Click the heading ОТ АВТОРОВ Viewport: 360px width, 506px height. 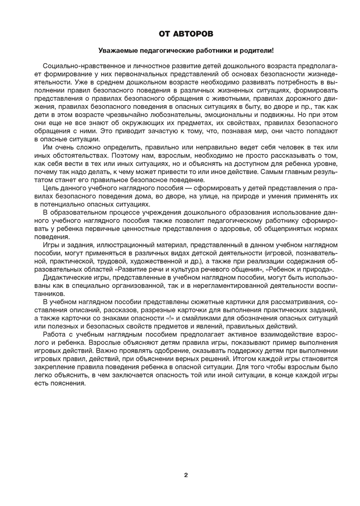[186, 33]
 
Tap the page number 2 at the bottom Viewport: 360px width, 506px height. [186, 475]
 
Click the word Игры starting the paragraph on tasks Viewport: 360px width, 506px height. [52, 244]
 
